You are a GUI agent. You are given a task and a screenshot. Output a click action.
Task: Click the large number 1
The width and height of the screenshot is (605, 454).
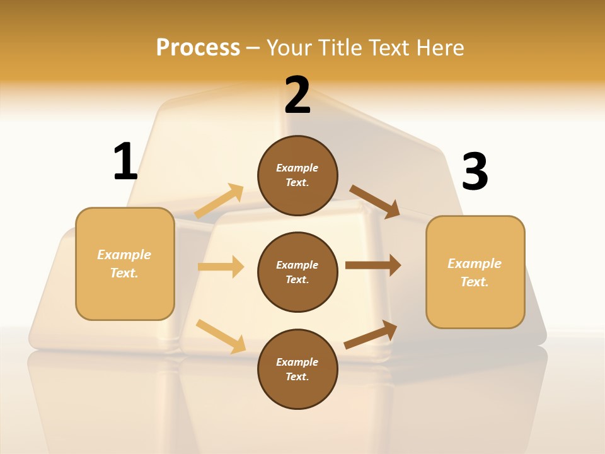pyautogui.click(x=125, y=162)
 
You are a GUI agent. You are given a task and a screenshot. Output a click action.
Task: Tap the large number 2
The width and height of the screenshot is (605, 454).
pyautogui.click(x=297, y=95)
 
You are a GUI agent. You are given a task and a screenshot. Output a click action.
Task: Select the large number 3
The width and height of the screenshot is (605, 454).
pyautogui.click(x=475, y=172)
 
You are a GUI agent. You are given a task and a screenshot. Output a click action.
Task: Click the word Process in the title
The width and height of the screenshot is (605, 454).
pyautogui.click(x=198, y=47)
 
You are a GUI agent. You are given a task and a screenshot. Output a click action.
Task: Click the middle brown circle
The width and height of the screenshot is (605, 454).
pyautogui.click(x=298, y=272)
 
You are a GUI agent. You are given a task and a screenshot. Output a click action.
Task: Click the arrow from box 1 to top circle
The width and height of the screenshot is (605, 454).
pyautogui.click(x=219, y=201)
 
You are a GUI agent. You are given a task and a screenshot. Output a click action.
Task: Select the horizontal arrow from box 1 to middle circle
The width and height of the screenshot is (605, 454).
pyautogui.click(x=221, y=267)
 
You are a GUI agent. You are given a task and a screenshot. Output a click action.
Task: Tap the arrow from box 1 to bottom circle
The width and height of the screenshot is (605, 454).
pyautogui.click(x=221, y=336)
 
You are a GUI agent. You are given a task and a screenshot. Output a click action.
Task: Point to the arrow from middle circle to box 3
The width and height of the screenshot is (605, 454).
pyautogui.click(x=373, y=265)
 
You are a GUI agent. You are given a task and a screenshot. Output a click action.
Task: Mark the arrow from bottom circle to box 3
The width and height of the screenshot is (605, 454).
pyautogui.click(x=371, y=335)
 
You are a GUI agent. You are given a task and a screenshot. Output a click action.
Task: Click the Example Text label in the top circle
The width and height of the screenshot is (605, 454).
pyautogui.click(x=297, y=175)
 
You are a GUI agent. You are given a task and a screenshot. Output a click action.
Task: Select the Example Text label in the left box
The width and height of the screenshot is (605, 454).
pyautogui.click(x=124, y=264)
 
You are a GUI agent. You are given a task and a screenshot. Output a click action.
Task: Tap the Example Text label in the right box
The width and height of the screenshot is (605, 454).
pyautogui.click(x=475, y=272)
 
